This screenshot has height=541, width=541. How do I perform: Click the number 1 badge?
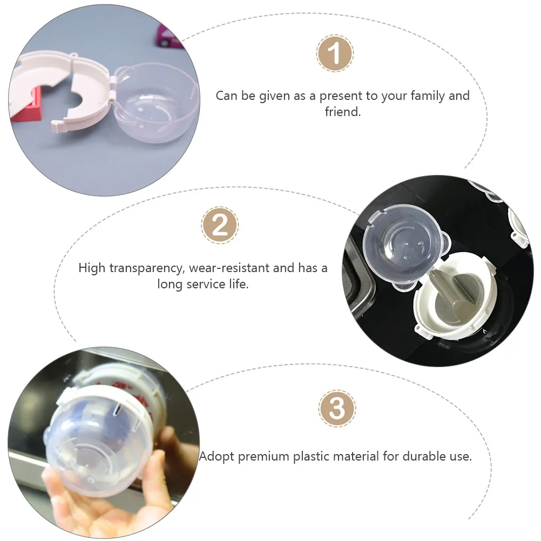click(x=334, y=53)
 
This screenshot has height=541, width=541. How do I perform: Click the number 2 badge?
click(x=220, y=225)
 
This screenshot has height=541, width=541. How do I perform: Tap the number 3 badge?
click(x=337, y=409)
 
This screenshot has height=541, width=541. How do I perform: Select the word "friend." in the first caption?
click(x=343, y=111)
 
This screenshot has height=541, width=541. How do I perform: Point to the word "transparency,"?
click(x=147, y=268)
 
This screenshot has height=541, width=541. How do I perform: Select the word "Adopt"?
click(x=217, y=456)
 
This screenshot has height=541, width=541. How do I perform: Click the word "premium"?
click(x=263, y=457)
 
